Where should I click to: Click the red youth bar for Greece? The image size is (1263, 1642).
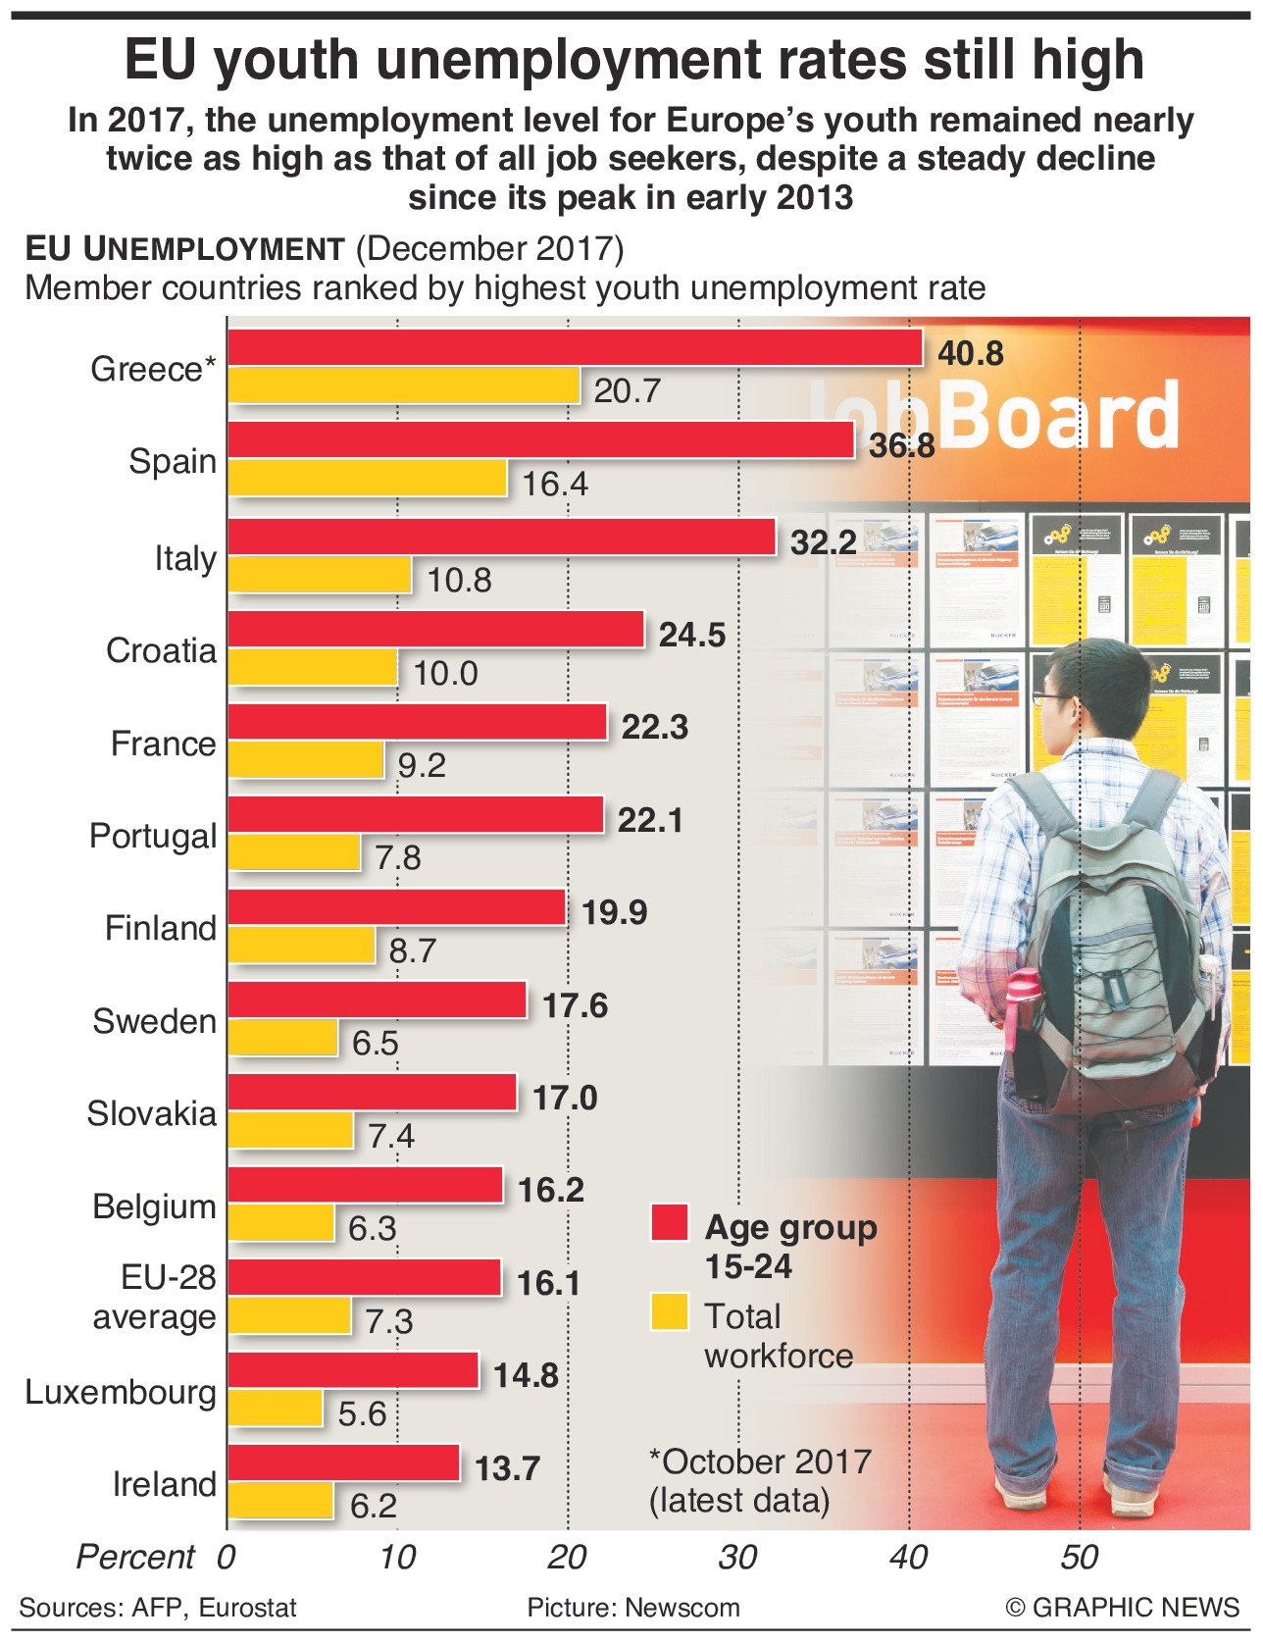point(575,347)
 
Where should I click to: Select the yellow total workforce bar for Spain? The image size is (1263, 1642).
point(368,479)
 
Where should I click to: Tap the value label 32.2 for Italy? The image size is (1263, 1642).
point(823,542)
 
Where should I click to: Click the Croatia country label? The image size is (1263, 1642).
point(161,650)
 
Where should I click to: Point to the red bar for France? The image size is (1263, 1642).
point(418,723)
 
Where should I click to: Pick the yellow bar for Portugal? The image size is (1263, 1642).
point(294,852)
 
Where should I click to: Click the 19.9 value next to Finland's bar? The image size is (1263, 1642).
point(614,912)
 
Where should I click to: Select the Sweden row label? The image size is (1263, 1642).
point(154,1021)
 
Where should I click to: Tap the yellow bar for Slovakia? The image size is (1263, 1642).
point(290,1131)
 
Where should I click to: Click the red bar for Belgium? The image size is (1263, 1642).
point(365,1185)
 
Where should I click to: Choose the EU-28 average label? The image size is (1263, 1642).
point(155,1297)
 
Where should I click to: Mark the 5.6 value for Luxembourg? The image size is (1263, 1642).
point(362,1413)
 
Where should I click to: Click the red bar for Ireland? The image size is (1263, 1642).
point(343,1463)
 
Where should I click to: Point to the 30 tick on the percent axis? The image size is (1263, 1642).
point(737,1557)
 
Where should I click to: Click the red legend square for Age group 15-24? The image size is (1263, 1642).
point(670,1223)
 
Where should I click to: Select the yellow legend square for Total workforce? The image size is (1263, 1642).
point(670,1312)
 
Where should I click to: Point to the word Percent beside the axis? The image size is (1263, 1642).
point(135,1557)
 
